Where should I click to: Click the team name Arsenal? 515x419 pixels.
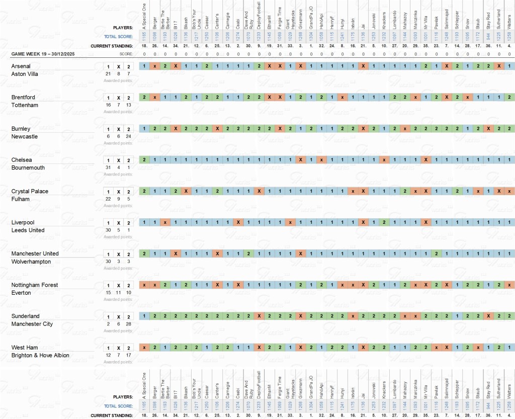tap(21, 66)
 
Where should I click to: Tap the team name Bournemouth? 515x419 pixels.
tap(28, 167)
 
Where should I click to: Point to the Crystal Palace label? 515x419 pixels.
tap(30, 191)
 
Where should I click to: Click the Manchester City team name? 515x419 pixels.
tap(32, 324)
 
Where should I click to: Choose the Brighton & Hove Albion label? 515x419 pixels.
tap(40, 355)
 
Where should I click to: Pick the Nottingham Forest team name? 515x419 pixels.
tap(35, 285)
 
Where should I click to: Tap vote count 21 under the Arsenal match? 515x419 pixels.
tap(108, 74)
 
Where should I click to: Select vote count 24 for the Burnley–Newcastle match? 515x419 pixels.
tap(129, 136)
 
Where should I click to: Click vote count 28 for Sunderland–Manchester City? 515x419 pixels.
tap(129, 324)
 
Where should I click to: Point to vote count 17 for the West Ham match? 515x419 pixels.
tap(129, 355)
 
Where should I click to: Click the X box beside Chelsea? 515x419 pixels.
tap(119, 160)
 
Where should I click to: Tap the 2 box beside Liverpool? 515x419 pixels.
tap(129, 223)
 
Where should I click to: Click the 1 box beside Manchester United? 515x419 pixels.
tap(108, 254)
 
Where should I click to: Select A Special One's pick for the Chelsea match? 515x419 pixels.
tap(144, 159)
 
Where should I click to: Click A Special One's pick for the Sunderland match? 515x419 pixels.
tap(144, 316)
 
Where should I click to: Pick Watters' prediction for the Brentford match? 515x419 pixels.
tap(509, 97)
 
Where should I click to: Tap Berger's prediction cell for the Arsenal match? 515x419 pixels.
tap(155, 66)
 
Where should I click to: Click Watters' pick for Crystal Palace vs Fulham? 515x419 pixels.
tap(509, 191)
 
